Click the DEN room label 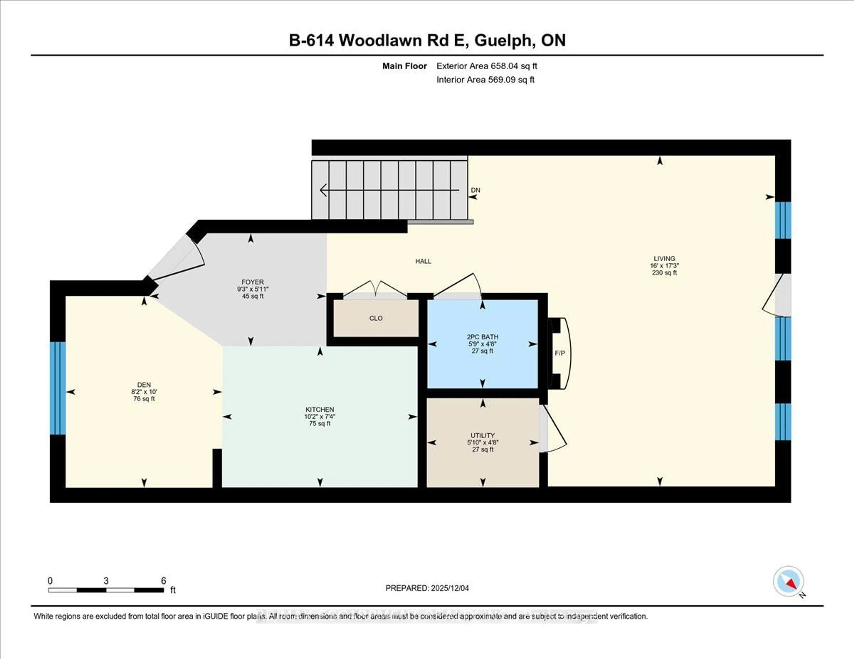coord(144,391)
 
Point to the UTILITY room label coord(483,442)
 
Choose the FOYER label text coord(253,289)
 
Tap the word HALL coord(423,261)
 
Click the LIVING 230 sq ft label coord(664,265)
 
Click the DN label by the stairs coord(475,190)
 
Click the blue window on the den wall coord(57,388)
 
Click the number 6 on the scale coord(163,581)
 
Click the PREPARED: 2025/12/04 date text coord(427,588)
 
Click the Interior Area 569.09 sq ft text coord(485,80)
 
